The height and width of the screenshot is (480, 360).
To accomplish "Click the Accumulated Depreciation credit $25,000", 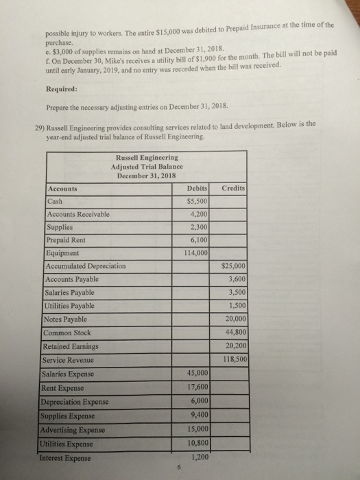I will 235,265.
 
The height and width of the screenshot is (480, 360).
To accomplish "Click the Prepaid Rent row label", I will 65,239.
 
